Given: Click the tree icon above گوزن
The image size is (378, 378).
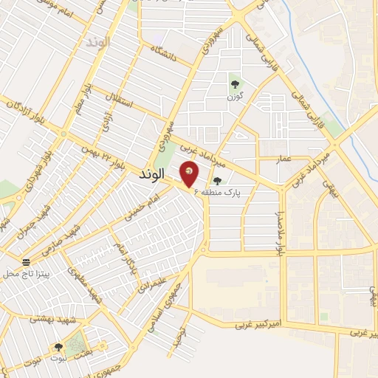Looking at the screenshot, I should (235, 83).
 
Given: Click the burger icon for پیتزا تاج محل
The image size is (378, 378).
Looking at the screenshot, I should (27, 262).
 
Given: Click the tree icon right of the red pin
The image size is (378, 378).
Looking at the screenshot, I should (217, 181).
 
